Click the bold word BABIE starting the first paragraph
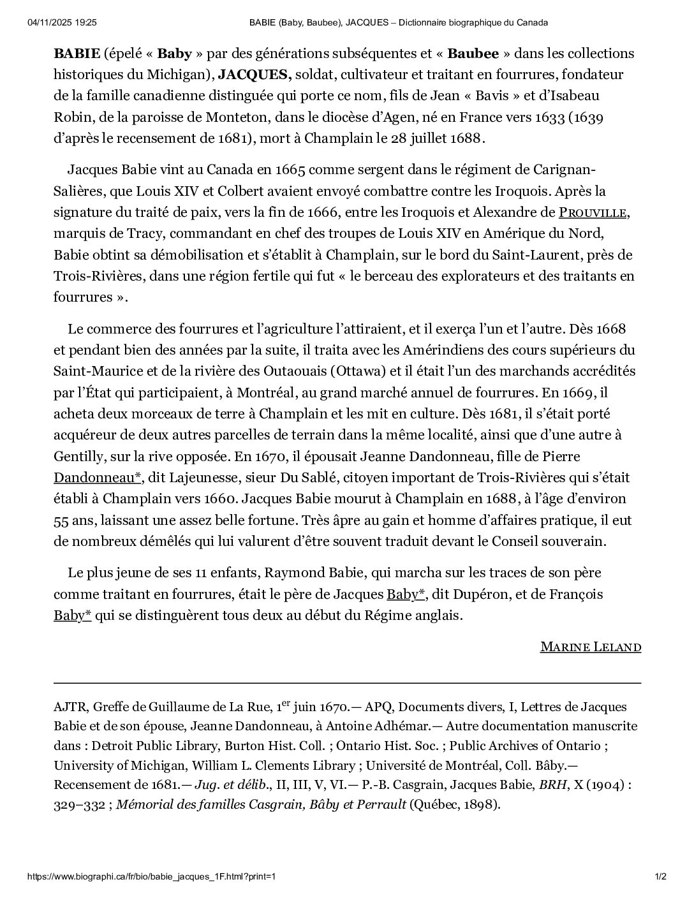point(77,53)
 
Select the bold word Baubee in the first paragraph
point(473,53)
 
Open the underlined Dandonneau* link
point(97,478)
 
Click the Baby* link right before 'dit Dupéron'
point(406,594)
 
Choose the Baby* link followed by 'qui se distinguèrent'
point(72,615)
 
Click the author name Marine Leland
point(590,647)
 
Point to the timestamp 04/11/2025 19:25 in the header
point(62,22)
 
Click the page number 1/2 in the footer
point(660,876)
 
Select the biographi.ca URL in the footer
point(151,876)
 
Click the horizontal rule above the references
point(347,683)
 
